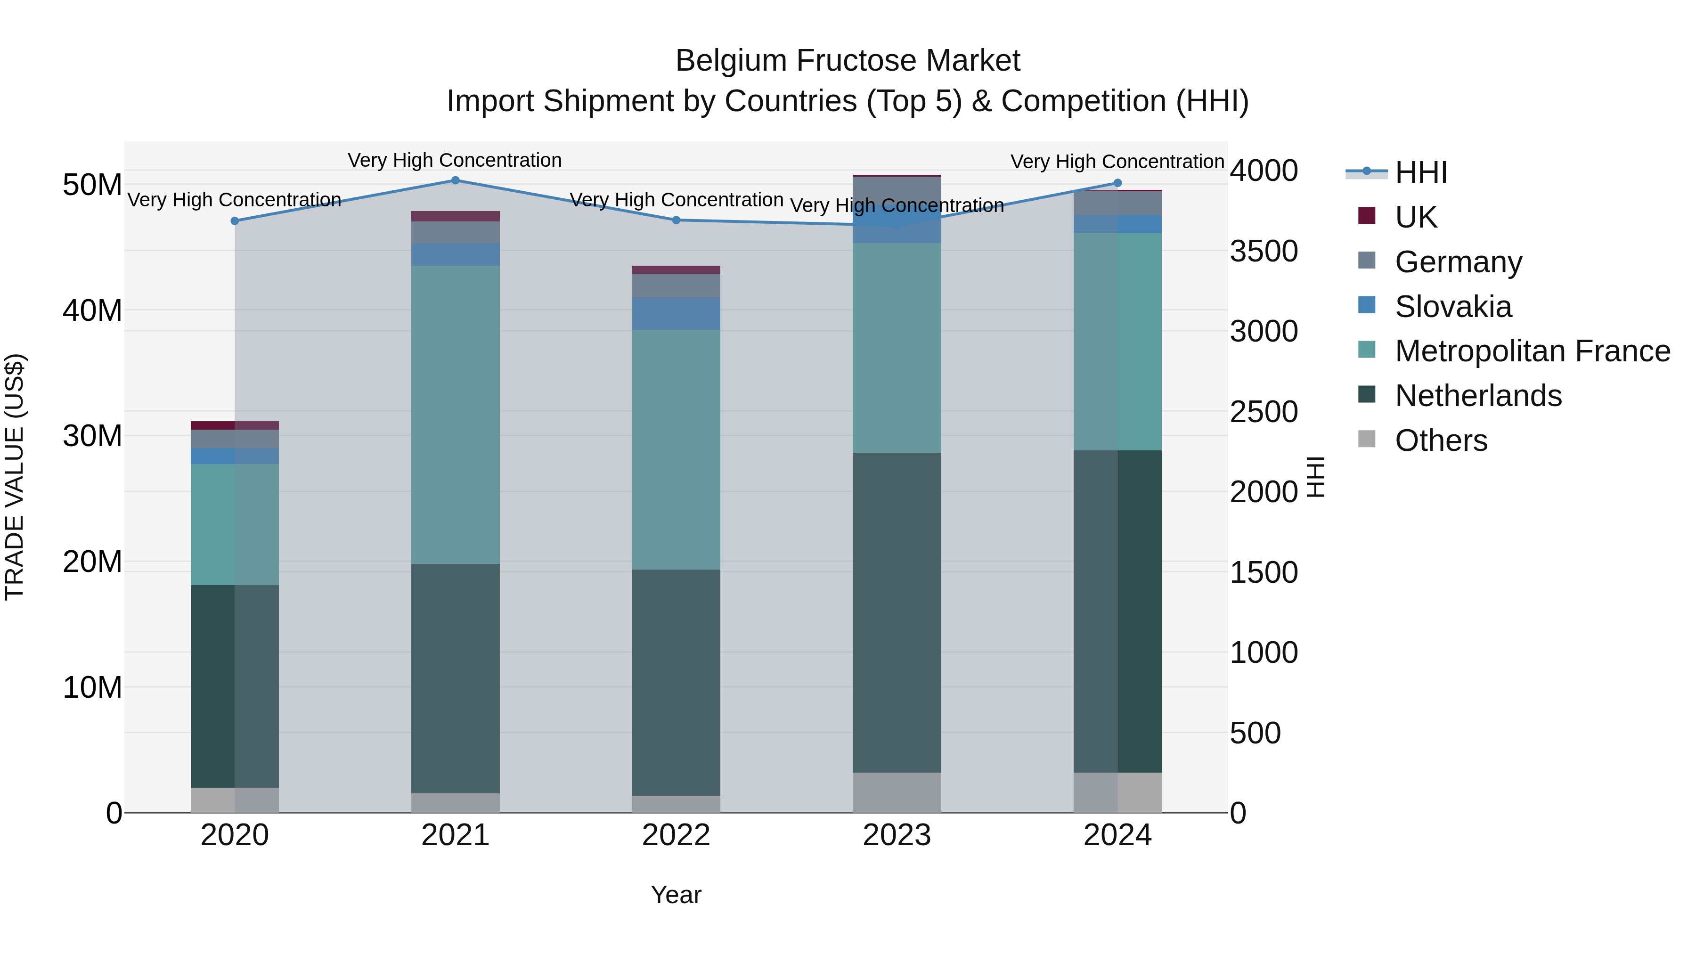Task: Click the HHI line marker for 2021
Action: click(455, 180)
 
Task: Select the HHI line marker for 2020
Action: click(235, 221)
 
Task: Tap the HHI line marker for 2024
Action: click(1117, 183)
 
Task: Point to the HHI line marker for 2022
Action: click(676, 220)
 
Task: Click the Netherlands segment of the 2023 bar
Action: click(897, 612)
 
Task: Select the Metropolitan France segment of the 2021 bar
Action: click(455, 415)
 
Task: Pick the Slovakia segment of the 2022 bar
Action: click(676, 313)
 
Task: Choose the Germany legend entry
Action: click(1458, 262)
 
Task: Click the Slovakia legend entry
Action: click(1453, 307)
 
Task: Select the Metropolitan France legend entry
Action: click(1532, 351)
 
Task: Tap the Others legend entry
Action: click(1441, 440)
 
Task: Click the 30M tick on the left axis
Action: click(92, 436)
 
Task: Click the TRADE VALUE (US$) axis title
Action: click(15, 477)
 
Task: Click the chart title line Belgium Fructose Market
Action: click(848, 61)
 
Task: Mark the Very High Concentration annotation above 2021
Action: click(455, 160)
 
